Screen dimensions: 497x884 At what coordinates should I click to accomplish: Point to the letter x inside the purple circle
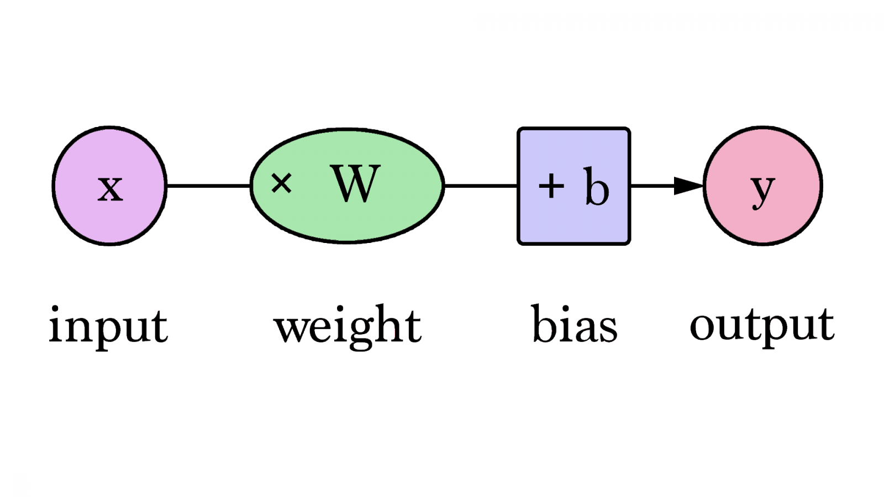coord(110,188)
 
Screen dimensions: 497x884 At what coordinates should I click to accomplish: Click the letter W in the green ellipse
coord(355,184)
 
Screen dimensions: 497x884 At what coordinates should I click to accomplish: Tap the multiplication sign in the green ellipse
coord(281,183)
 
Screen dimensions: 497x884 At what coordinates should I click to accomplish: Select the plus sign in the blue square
coord(551,186)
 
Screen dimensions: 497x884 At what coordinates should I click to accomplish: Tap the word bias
coord(574,325)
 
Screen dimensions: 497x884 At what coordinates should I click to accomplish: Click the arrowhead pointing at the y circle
coord(688,186)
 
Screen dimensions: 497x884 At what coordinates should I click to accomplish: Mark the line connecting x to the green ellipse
coord(208,186)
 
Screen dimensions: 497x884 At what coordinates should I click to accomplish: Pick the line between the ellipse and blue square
coord(481,186)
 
